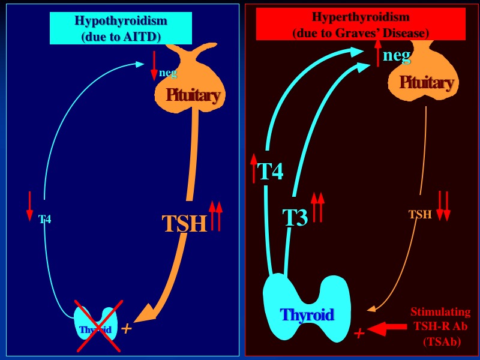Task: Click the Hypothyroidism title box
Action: click(121, 28)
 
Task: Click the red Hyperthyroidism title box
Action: click(361, 24)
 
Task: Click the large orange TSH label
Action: click(184, 224)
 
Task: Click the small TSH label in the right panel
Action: click(420, 215)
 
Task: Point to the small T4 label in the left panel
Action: click(45, 220)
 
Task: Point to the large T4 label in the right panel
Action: click(270, 172)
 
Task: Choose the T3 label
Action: click(295, 217)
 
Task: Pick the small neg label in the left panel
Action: click(168, 73)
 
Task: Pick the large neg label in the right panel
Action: click(397, 56)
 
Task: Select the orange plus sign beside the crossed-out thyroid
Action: click(126, 328)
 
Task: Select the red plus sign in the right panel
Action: click(359, 333)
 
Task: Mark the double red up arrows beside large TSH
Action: click(215, 216)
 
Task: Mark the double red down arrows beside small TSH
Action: click(443, 206)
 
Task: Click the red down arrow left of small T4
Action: click(29, 206)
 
